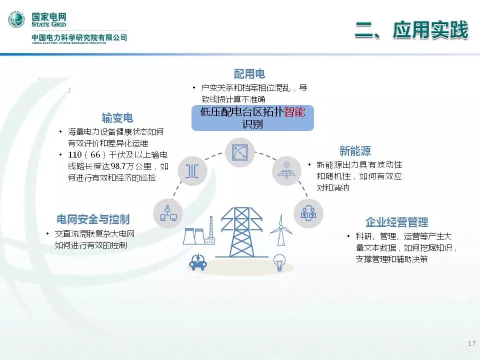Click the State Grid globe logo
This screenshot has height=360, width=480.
[16, 19]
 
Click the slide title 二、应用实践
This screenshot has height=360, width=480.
[411, 30]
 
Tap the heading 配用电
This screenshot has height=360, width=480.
[249, 74]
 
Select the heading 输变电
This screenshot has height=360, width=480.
[117, 118]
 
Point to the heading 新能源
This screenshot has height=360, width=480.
[355, 150]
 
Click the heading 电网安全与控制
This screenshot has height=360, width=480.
[93, 219]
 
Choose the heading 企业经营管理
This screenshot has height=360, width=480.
[396, 222]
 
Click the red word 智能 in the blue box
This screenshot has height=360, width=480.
[294, 111]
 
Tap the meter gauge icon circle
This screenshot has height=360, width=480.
[239, 152]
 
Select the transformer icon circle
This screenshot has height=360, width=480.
[192, 170]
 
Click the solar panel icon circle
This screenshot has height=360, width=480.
[287, 170]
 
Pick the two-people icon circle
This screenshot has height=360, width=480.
[308, 213]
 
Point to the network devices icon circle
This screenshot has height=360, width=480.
[168, 213]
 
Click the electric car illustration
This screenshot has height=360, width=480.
[198, 261]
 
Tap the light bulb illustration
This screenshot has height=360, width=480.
[279, 262]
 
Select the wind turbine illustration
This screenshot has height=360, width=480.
[280, 230]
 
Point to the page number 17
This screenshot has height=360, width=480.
[471, 343]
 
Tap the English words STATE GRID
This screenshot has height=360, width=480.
[48, 24]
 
